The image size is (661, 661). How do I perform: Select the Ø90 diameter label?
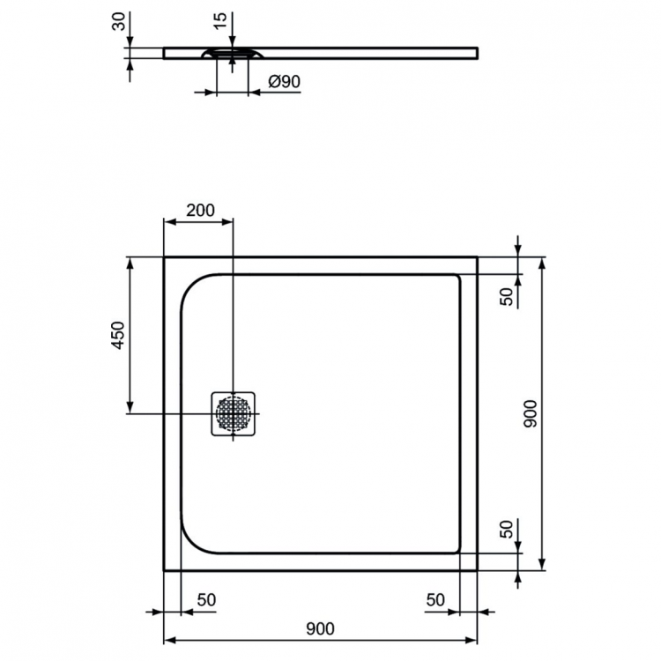point(284,81)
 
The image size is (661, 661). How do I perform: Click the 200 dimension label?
point(200,211)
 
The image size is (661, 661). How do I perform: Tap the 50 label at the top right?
point(507,296)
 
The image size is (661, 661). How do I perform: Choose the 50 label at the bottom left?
point(206,599)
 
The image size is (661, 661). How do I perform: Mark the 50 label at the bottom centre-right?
point(434,599)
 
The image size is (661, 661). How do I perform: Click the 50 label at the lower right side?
point(507,530)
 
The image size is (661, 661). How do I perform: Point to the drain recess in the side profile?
point(231,56)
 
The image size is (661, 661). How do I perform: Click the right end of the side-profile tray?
point(478,53)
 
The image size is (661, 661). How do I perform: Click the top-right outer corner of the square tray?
point(477,257)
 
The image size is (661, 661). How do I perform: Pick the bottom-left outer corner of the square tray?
point(165,569)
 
